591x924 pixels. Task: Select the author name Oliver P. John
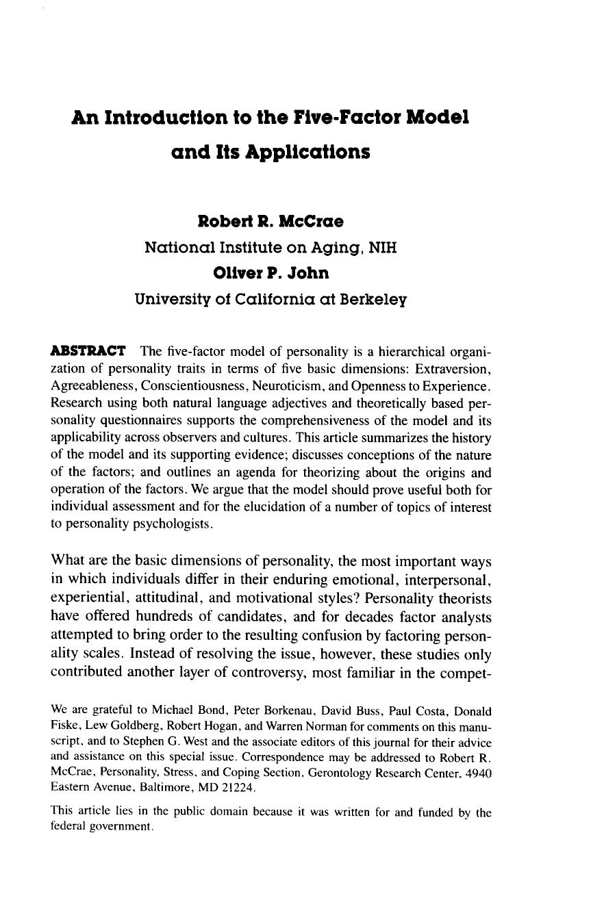point(271,273)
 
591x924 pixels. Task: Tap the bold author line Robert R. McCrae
point(271,222)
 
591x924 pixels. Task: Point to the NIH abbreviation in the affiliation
point(383,247)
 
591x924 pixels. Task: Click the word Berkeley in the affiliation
point(370,299)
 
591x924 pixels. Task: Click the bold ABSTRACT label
point(88,352)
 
